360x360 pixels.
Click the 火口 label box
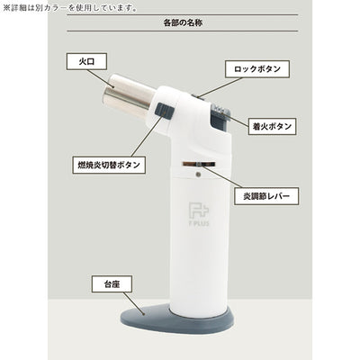click(86, 61)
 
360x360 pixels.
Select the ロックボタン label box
click(257, 69)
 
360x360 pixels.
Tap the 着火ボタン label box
click(272, 126)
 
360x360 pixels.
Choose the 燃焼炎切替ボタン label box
click(109, 165)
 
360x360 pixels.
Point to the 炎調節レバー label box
click(266, 196)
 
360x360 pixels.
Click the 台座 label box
click(112, 283)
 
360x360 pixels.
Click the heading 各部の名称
click(183, 23)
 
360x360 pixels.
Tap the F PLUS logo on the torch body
click(199, 214)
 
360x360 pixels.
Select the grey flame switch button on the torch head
click(165, 111)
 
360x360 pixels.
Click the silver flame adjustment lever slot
click(199, 164)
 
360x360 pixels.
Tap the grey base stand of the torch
click(177, 319)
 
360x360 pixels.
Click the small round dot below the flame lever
click(198, 175)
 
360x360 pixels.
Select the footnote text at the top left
click(70, 7)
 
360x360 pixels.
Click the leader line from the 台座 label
click(134, 303)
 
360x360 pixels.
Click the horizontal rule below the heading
click(183, 31)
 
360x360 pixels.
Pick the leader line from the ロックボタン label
click(220, 87)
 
